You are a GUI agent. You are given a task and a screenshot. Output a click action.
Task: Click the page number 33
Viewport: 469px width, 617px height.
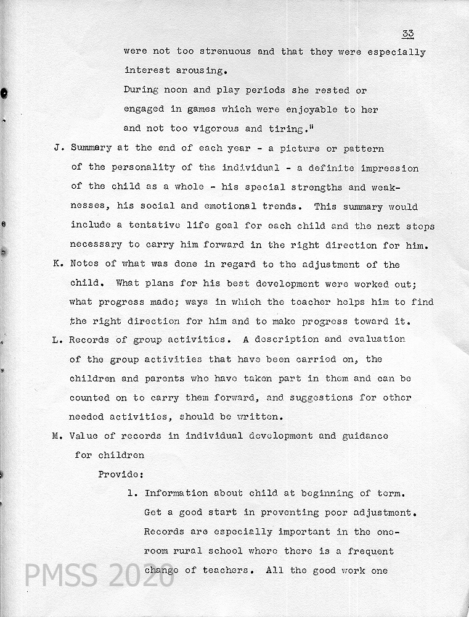click(407, 33)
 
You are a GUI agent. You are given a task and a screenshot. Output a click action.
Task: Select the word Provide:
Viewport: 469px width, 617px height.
click(121, 474)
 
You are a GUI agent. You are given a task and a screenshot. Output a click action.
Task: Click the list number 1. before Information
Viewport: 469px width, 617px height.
click(133, 494)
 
